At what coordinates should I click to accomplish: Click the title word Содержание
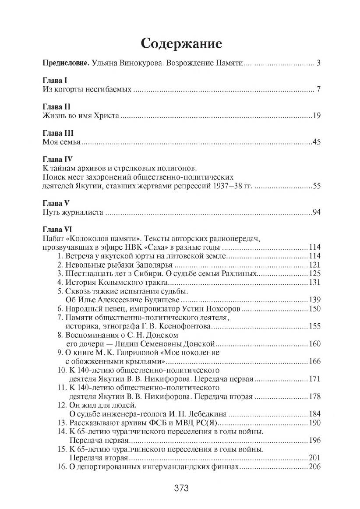pyautogui.click(x=181, y=44)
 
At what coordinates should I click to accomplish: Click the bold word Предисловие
pyautogui.click(x=66, y=64)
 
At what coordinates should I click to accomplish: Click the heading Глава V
pyautogui.click(x=55, y=203)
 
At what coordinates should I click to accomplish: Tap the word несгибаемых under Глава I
pyautogui.click(x=111, y=90)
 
